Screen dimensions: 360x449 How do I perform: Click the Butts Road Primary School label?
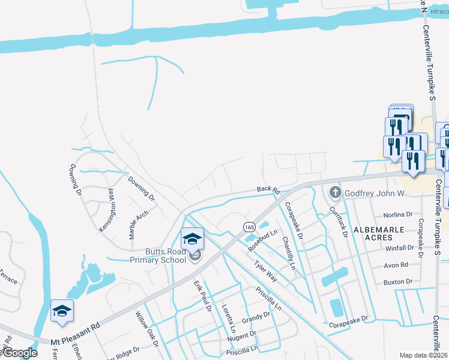(158, 256)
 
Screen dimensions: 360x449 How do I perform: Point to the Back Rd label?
(268, 190)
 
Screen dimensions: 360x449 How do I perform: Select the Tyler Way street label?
(265, 271)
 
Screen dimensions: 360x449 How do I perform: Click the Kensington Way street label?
(107, 211)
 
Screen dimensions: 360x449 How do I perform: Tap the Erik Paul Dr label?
(202, 296)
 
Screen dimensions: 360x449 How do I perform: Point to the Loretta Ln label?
(228, 318)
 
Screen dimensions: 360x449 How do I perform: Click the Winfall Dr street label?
(400, 248)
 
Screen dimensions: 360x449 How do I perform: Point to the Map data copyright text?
(424, 355)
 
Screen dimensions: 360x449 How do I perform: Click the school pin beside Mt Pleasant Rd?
(62, 312)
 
